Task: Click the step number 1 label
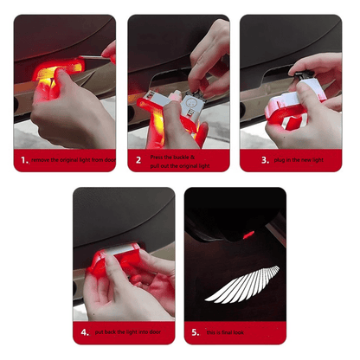pyautogui.click(x=23, y=160)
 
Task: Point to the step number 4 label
pyautogui.click(x=84, y=331)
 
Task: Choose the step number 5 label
pyautogui.click(x=196, y=331)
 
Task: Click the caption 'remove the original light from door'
pyautogui.click(x=72, y=160)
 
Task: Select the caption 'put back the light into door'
pyautogui.click(x=130, y=331)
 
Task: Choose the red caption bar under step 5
pyautogui.click(x=234, y=331)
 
